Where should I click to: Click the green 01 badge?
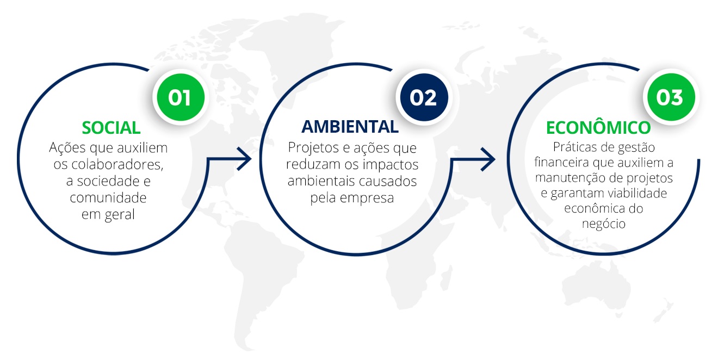[x=181, y=97]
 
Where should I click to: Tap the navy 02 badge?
[x=424, y=97]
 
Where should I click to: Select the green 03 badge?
[x=671, y=97]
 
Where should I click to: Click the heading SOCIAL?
[x=111, y=128]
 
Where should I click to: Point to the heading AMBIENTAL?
[x=350, y=127]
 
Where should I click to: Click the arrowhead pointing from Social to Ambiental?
[x=244, y=159]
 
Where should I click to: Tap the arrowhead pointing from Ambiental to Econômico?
[x=488, y=159]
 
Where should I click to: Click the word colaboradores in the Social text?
[x=117, y=164]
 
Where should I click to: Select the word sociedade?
[x=108, y=181]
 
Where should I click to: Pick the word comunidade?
[x=108, y=198]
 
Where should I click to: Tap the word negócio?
[x=604, y=224]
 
